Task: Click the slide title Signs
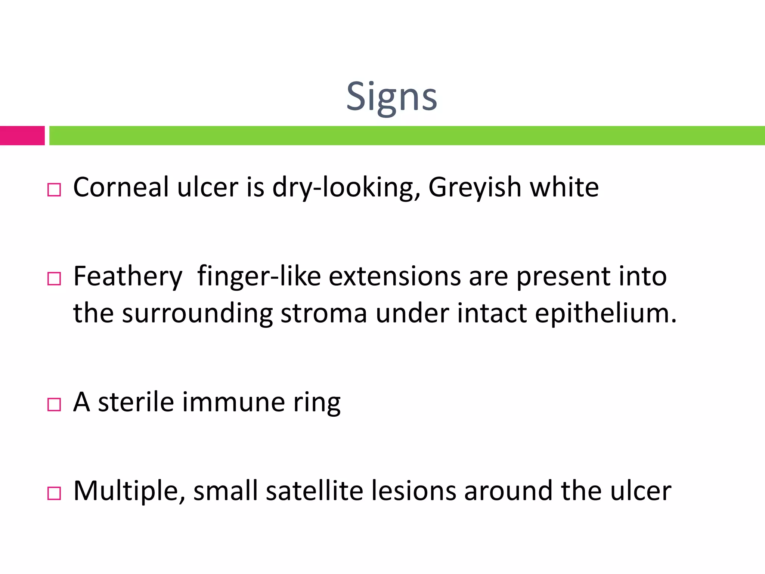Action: (391, 97)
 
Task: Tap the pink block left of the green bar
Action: (22, 135)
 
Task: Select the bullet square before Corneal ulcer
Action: (54, 190)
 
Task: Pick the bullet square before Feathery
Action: (54, 279)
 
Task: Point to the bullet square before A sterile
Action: (54, 405)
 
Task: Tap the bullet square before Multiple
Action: (54, 493)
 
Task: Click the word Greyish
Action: (475, 188)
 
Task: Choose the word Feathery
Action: (128, 277)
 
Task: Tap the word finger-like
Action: (259, 277)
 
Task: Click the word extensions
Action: (394, 277)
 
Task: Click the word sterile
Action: (136, 402)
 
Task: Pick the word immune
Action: (234, 402)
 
